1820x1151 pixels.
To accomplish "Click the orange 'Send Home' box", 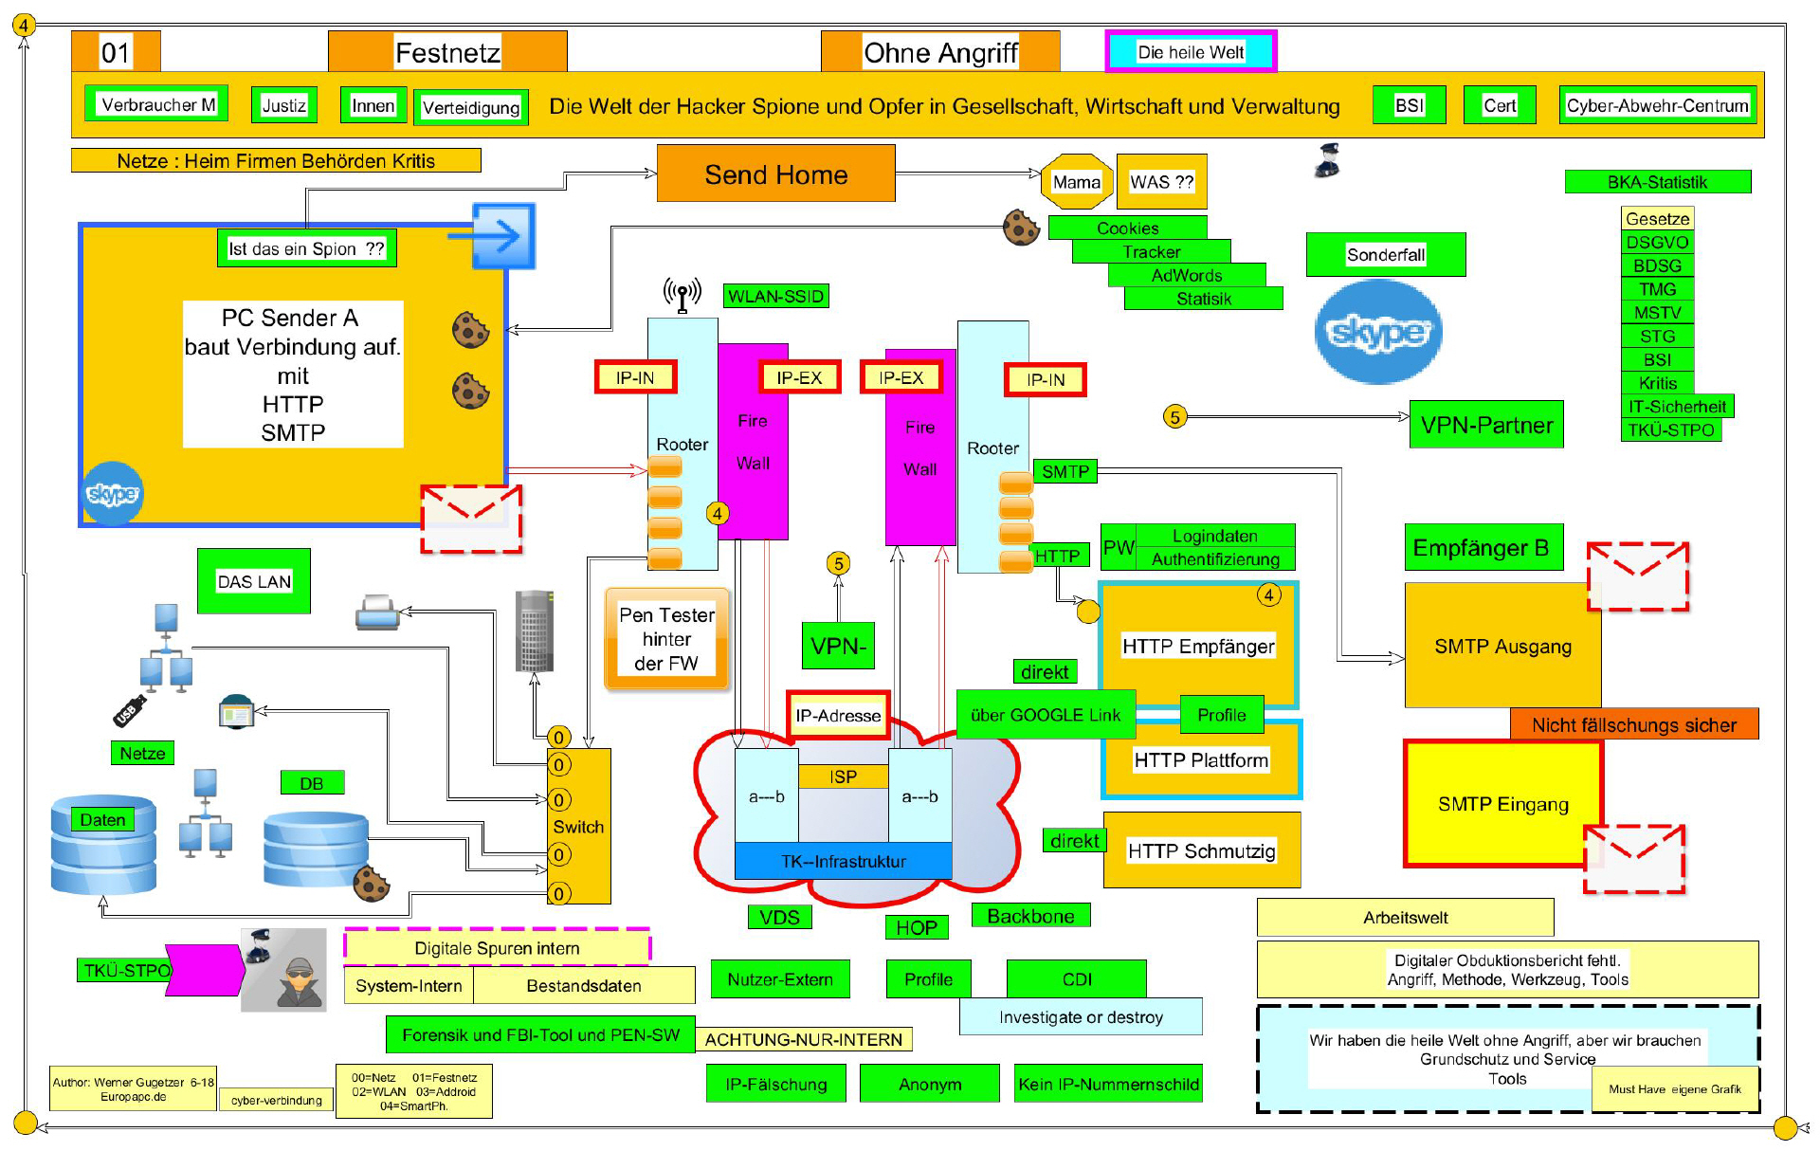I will [x=775, y=174].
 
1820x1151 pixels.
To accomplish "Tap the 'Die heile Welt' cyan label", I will [x=1191, y=51].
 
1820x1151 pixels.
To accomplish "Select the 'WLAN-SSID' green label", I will [x=775, y=297].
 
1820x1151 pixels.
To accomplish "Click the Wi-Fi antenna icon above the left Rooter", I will [x=682, y=294].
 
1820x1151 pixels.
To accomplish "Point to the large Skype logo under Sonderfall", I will [x=1377, y=332].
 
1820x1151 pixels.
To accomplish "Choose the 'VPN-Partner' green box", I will [x=1485, y=425].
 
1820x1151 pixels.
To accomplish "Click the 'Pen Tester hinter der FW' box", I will [x=666, y=639].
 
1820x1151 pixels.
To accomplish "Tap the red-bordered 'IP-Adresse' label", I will [x=838, y=716].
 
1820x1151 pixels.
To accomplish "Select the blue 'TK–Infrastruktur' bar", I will [x=843, y=861].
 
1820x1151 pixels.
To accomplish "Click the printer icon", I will [x=377, y=613].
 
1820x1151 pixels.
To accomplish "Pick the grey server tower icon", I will [x=534, y=630].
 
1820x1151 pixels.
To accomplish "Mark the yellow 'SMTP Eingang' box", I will [x=1502, y=804].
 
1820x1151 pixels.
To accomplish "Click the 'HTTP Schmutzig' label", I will [x=1201, y=850].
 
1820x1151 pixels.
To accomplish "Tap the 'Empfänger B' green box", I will [x=1482, y=548].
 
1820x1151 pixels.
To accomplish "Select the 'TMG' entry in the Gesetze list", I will [x=1657, y=289].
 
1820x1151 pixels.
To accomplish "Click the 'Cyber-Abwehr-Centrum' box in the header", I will [x=1657, y=105].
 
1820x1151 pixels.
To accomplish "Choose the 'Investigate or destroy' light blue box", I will [x=1081, y=1016].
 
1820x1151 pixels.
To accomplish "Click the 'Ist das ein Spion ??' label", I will [x=306, y=248].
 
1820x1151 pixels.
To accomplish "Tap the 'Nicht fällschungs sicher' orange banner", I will [x=1633, y=725].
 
